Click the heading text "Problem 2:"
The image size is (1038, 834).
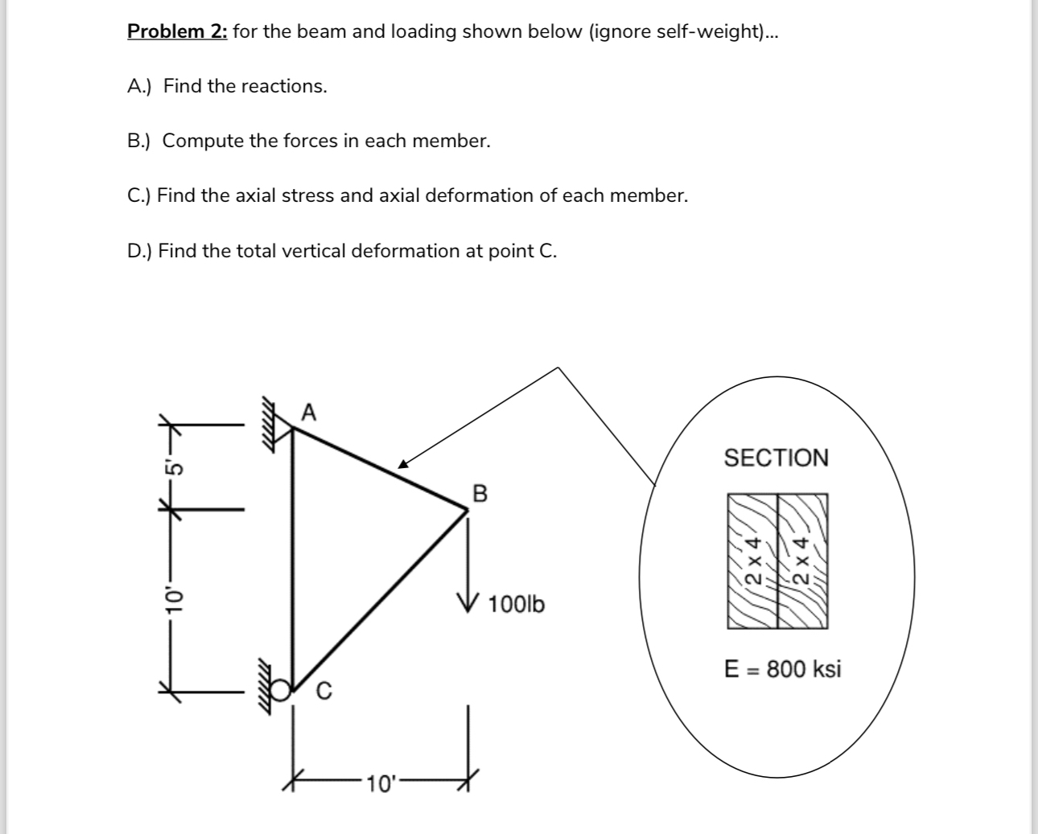pos(178,32)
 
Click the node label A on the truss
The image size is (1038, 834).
pos(309,413)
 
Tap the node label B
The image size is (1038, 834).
pos(480,492)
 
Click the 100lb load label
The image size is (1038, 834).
pos(516,604)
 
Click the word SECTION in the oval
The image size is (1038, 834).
pos(776,458)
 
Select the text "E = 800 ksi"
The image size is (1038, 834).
pos(782,669)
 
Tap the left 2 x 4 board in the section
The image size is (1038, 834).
pos(753,561)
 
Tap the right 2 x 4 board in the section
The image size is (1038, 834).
pos(802,561)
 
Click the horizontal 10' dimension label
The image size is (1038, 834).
pos(378,783)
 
